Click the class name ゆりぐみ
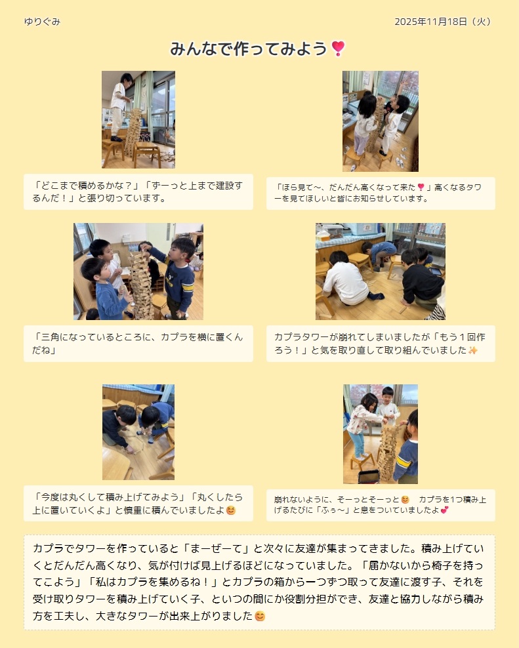[42, 22]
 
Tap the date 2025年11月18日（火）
[443, 22]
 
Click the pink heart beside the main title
[338, 49]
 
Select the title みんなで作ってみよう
[249, 49]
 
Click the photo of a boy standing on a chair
[138, 119]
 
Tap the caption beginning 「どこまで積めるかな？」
[138, 192]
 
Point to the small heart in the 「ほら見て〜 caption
[421, 187]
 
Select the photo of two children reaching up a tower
[381, 121]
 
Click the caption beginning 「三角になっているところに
[138, 344]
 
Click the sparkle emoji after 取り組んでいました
[472, 350]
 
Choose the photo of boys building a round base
[138, 432]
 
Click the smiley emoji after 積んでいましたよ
[231, 510]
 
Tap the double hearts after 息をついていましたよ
[445, 510]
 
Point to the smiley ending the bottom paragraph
[260, 616]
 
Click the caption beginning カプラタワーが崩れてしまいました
[380, 344]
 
